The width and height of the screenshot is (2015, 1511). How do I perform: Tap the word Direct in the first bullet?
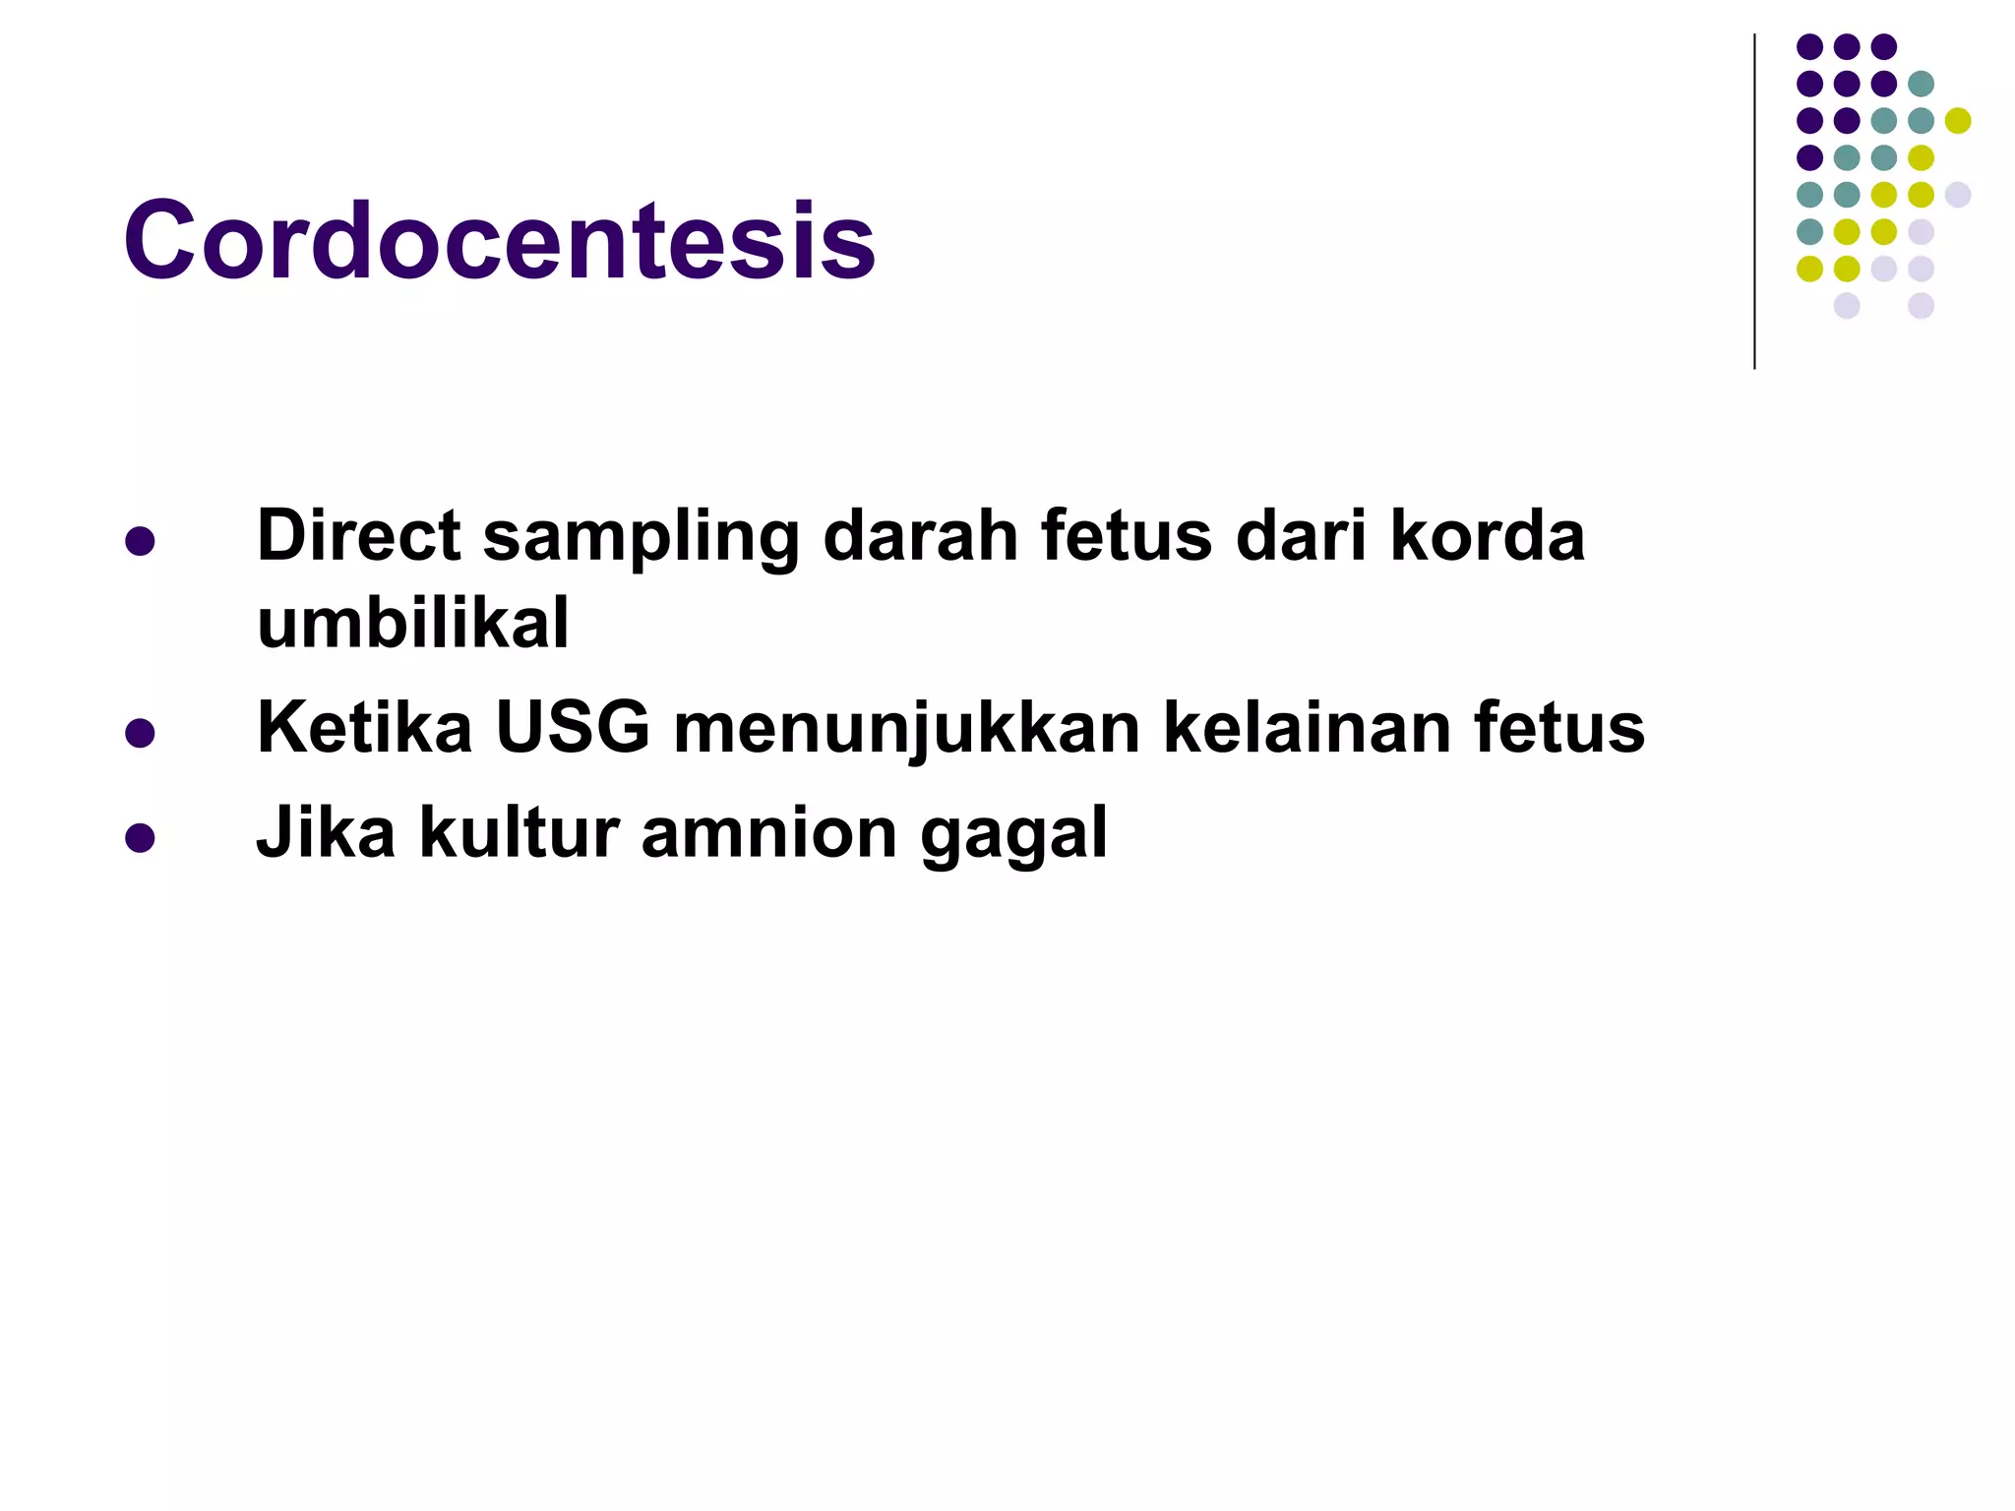358,537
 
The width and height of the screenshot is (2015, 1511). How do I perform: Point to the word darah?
920,537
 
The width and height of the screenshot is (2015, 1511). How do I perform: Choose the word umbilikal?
412,624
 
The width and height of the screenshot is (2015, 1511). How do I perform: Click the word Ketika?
364,729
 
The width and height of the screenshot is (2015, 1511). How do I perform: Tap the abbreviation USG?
573,729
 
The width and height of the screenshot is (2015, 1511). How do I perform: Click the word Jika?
326,833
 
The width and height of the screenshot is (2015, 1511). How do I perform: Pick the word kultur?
519,833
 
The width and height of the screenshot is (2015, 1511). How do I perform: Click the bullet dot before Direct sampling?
140,542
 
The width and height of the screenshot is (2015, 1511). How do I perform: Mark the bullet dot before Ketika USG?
140,734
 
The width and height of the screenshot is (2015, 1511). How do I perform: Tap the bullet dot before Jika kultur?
140,838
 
